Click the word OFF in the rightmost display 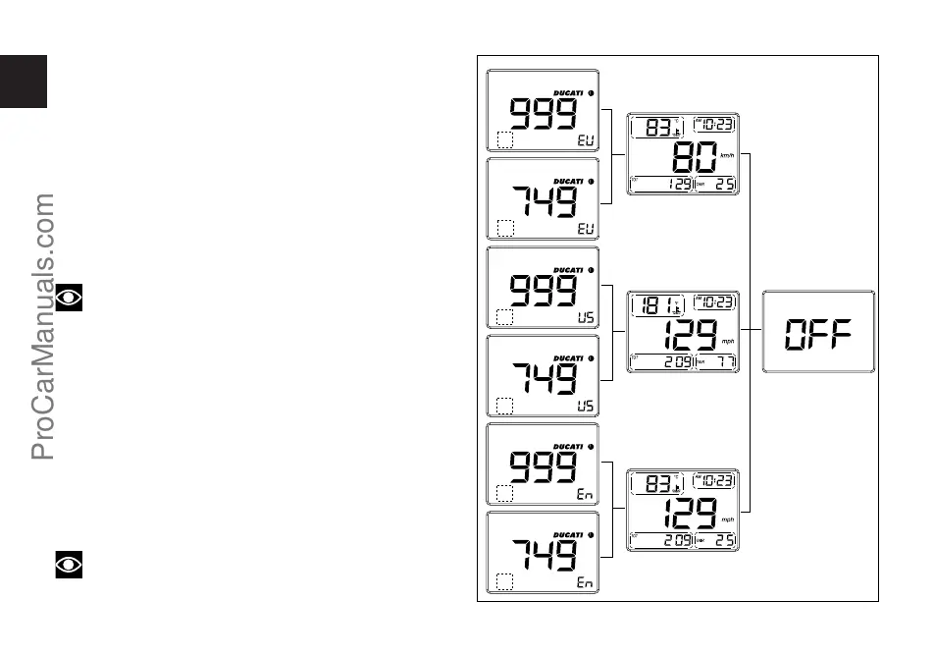817,334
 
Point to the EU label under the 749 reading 584,229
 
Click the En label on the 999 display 584,496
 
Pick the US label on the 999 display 584,318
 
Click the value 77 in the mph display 723,362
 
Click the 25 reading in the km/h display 723,185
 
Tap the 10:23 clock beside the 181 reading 715,302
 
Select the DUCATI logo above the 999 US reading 568,270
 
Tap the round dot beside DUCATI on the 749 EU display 591,182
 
